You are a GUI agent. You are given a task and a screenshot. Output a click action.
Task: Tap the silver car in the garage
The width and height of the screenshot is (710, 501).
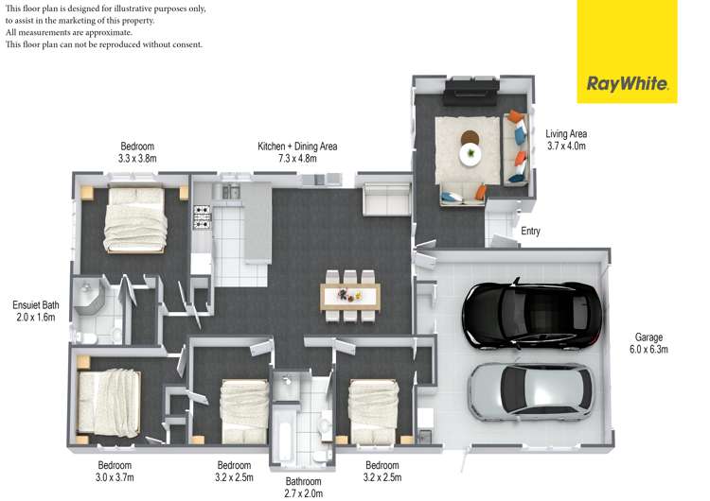531,391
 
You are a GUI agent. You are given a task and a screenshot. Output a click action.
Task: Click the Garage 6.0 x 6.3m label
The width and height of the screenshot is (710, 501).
648,343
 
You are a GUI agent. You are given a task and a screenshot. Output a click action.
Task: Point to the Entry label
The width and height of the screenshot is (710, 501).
530,231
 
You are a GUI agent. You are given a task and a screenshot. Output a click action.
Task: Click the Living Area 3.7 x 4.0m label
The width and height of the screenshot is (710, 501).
566,140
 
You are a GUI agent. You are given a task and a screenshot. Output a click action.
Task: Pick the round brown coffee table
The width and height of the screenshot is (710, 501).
470,137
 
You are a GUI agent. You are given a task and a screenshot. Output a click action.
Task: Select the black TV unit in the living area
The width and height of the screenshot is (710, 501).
470,93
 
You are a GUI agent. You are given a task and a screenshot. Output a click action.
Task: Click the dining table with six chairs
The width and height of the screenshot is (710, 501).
350,296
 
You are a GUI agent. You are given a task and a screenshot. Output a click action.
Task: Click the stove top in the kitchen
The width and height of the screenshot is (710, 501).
202,217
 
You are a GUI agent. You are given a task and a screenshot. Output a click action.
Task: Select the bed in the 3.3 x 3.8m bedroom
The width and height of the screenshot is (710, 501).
135,219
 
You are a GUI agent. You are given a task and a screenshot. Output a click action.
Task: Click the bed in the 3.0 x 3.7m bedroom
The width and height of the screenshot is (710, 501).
109,404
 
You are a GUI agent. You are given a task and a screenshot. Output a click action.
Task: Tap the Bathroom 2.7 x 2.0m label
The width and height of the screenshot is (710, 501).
303,488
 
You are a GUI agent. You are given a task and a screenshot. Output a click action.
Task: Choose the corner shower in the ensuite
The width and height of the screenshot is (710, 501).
89,296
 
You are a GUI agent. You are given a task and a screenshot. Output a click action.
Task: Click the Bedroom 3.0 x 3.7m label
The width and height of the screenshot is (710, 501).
115,471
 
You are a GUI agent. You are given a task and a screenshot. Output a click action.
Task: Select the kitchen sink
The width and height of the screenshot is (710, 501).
231,192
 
